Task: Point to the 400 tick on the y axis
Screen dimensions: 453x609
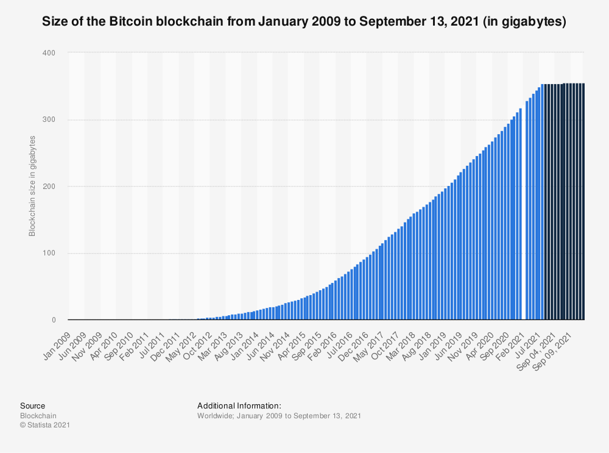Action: [x=49, y=53]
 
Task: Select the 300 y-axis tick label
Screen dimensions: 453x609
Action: [x=49, y=119]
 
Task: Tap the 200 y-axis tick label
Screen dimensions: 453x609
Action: [x=49, y=187]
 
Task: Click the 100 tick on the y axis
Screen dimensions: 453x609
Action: [x=49, y=253]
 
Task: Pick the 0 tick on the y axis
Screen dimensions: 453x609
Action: [x=52, y=320]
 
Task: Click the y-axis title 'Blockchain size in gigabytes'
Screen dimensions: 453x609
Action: [x=32, y=187]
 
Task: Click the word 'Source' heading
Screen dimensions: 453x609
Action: [x=32, y=405]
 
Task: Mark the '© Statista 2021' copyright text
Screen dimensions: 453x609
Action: [x=45, y=425]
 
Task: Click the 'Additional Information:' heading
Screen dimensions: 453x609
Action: [x=239, y=405]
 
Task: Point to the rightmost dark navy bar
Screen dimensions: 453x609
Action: [x=583, y=202]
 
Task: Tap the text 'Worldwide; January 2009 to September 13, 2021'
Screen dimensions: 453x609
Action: [x=280, y=415]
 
